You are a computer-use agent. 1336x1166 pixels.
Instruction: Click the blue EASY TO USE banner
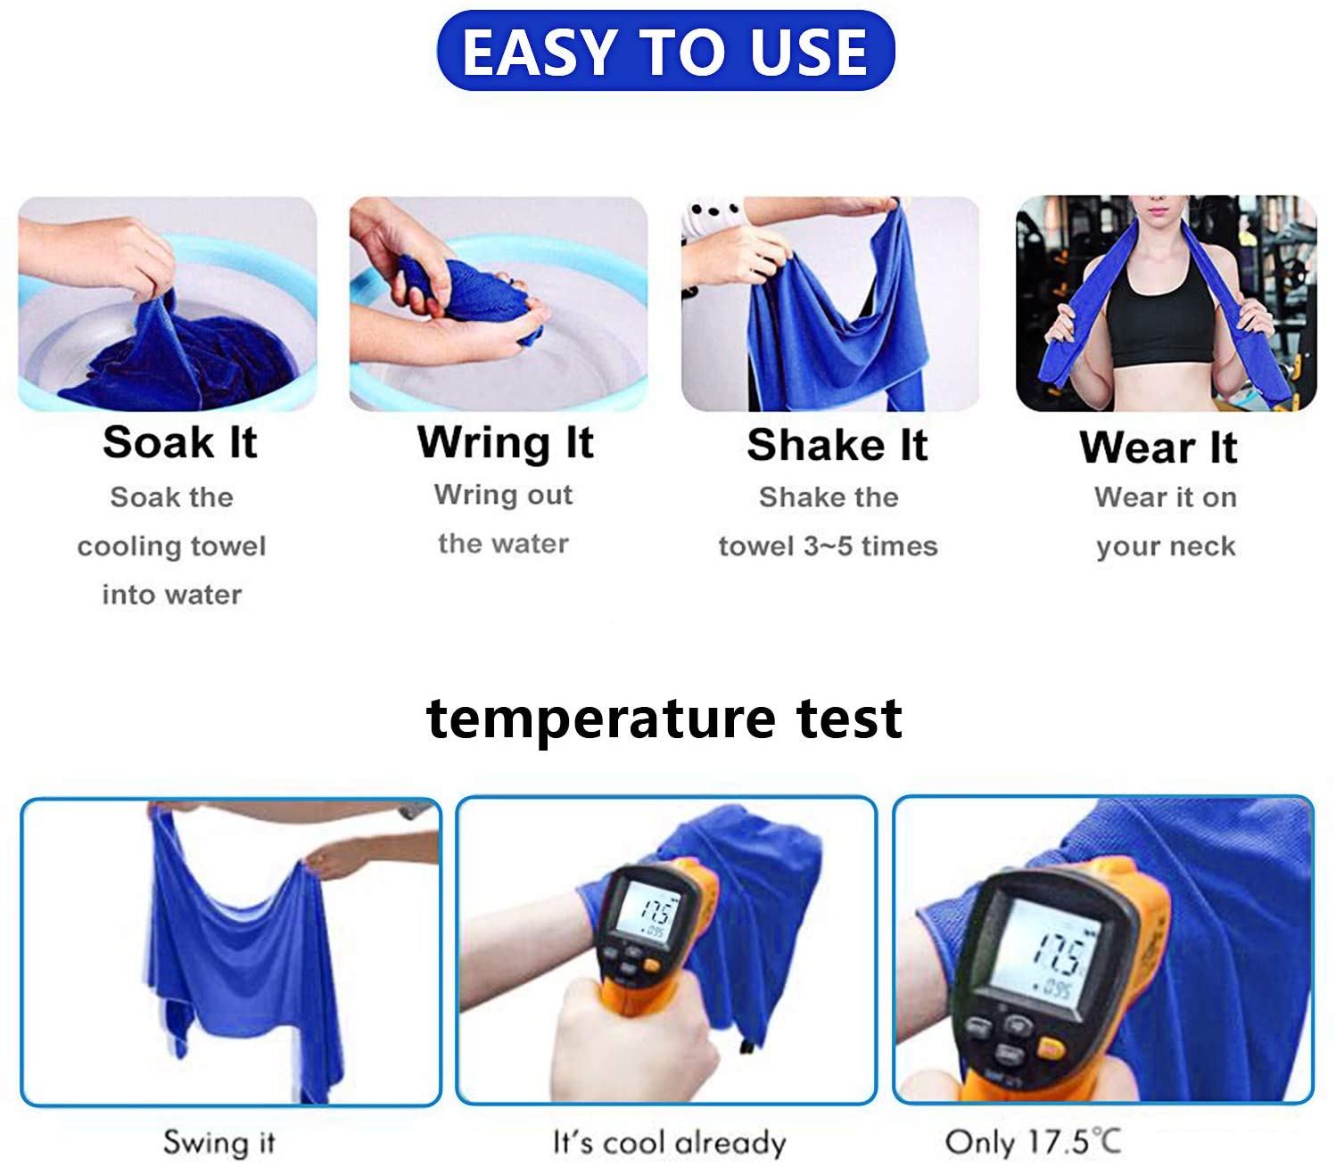[665, 51]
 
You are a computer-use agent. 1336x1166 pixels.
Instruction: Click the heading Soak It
[180, 442]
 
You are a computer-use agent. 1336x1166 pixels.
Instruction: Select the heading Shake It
[837, 445]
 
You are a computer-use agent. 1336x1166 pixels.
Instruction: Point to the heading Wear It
[1159, 448]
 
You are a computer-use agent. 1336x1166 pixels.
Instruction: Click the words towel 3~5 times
[828, 546]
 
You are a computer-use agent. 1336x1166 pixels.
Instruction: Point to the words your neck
[1166, 546]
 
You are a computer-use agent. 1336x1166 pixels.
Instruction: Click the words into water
[172, 595]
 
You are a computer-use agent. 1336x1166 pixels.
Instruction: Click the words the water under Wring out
[503, 544]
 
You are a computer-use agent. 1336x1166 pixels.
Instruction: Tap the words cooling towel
[172, 546]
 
